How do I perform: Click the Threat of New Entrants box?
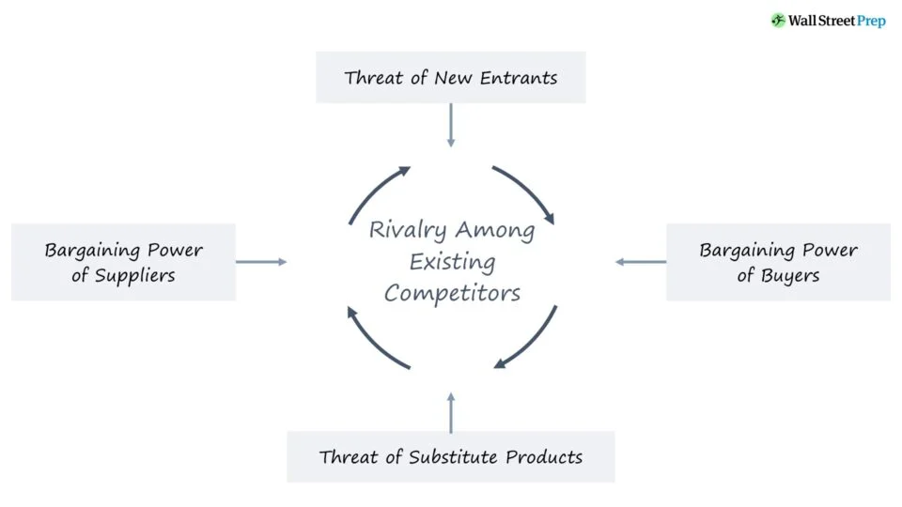click(x=450, y=77)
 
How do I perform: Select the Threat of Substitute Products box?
click(x=450, y=457)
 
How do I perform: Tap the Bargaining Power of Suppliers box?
click(x=123, y=262)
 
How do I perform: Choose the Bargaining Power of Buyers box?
click(x=778, y=262)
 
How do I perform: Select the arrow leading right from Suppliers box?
click(x=261, y=262)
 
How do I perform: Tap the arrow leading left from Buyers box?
click(x=641, y=262)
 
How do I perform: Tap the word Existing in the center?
click(x=452, y=262)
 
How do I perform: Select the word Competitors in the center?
click(x=452, y=293)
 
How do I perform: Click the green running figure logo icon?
click(x=778, y=20)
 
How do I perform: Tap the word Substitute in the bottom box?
click(x=455, y=457)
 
